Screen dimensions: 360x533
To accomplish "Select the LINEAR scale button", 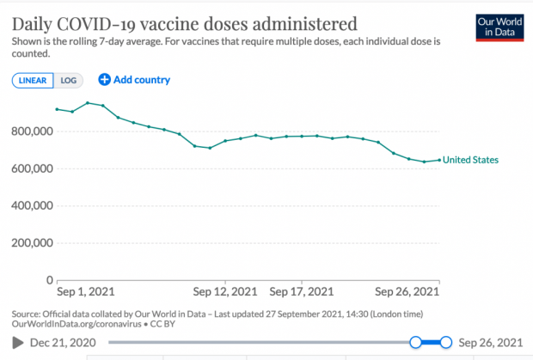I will point(33,80).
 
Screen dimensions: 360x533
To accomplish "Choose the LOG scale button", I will point(68,80).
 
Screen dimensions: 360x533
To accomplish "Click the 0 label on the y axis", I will point(48,280).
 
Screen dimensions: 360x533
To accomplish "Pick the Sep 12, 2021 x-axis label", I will point(225,291).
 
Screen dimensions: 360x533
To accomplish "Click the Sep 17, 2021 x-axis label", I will point(302,291).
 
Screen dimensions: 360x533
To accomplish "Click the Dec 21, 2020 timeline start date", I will point(64,343).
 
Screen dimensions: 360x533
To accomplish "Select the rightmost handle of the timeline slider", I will point(445,343).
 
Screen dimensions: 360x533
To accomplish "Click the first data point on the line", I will point(57,109).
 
